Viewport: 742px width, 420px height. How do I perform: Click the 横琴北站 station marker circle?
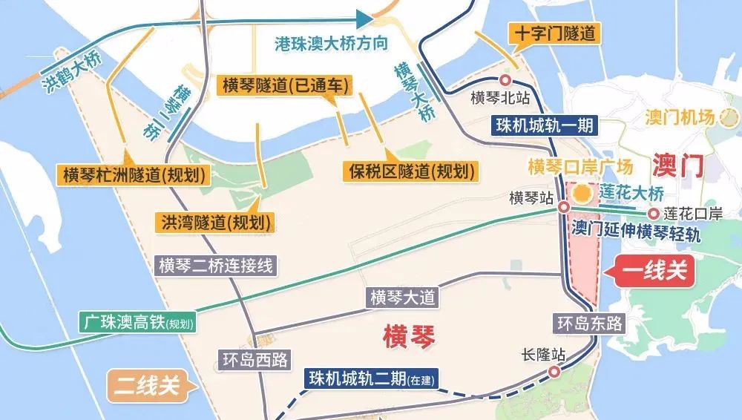tap(506, 81)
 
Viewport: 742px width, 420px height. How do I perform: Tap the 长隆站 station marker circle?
tap(554, 373)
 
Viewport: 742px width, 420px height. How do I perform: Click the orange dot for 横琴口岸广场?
tap(584, 194)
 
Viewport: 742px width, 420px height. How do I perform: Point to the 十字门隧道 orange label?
tap(554, 33)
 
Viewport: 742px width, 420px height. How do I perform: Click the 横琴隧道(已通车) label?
tap(284, 85)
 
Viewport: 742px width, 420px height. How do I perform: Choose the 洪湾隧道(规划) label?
tap(213, 221)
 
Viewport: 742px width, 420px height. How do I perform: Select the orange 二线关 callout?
tap(148, 385)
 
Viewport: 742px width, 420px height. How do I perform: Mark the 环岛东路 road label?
tap(590, 323)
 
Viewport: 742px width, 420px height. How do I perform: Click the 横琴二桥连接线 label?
tap(214, 266)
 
